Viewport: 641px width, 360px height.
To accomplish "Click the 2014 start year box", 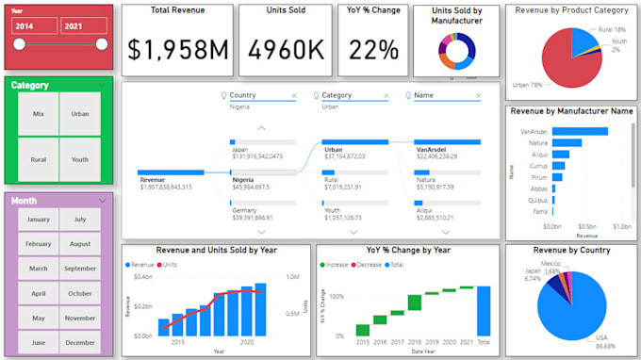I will point(34,26).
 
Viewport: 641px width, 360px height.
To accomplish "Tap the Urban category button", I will point(80,114).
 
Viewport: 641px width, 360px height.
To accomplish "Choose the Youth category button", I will point(80,159).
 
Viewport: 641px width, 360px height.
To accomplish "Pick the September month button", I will point(80,269).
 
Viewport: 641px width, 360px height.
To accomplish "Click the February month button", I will point(39,244).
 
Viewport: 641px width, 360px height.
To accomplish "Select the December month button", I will point(80,342).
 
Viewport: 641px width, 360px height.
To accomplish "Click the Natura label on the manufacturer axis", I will point(537,142).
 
